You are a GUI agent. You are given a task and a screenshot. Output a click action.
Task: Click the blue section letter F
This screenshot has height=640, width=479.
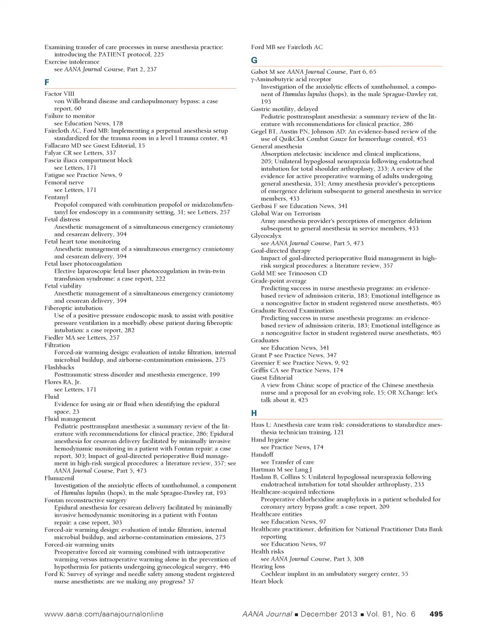pos(47,82)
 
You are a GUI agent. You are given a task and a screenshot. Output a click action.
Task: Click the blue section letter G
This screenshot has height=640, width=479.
pos(254,60)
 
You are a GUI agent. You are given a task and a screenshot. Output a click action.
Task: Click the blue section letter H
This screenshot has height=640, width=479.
pos(254,413)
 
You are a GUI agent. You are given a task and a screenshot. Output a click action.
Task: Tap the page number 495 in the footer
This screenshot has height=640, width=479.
pos(436,614)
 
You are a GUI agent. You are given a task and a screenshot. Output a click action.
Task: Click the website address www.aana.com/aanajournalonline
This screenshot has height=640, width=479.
pos(104,614)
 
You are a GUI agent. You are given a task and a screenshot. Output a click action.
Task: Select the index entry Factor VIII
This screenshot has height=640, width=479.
pos(59,94)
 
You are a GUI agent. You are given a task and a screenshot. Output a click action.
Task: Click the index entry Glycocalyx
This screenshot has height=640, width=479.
pos(266,236)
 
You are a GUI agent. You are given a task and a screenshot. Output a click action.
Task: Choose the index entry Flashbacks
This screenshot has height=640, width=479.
pos(59,367)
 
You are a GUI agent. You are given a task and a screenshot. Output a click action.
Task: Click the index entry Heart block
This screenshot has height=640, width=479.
pos(267,581)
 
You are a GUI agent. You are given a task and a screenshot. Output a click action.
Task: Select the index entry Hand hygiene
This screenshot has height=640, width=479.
pos(270,440)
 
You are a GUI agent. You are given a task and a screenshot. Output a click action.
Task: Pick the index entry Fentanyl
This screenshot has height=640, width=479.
pos(56,197)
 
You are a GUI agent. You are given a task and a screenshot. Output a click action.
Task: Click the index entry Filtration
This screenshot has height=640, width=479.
pos(57,345)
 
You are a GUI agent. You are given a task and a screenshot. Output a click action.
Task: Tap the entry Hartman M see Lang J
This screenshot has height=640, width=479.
pos(281,470)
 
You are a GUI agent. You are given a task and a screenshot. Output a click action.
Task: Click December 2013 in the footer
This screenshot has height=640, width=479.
pos(327,614)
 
